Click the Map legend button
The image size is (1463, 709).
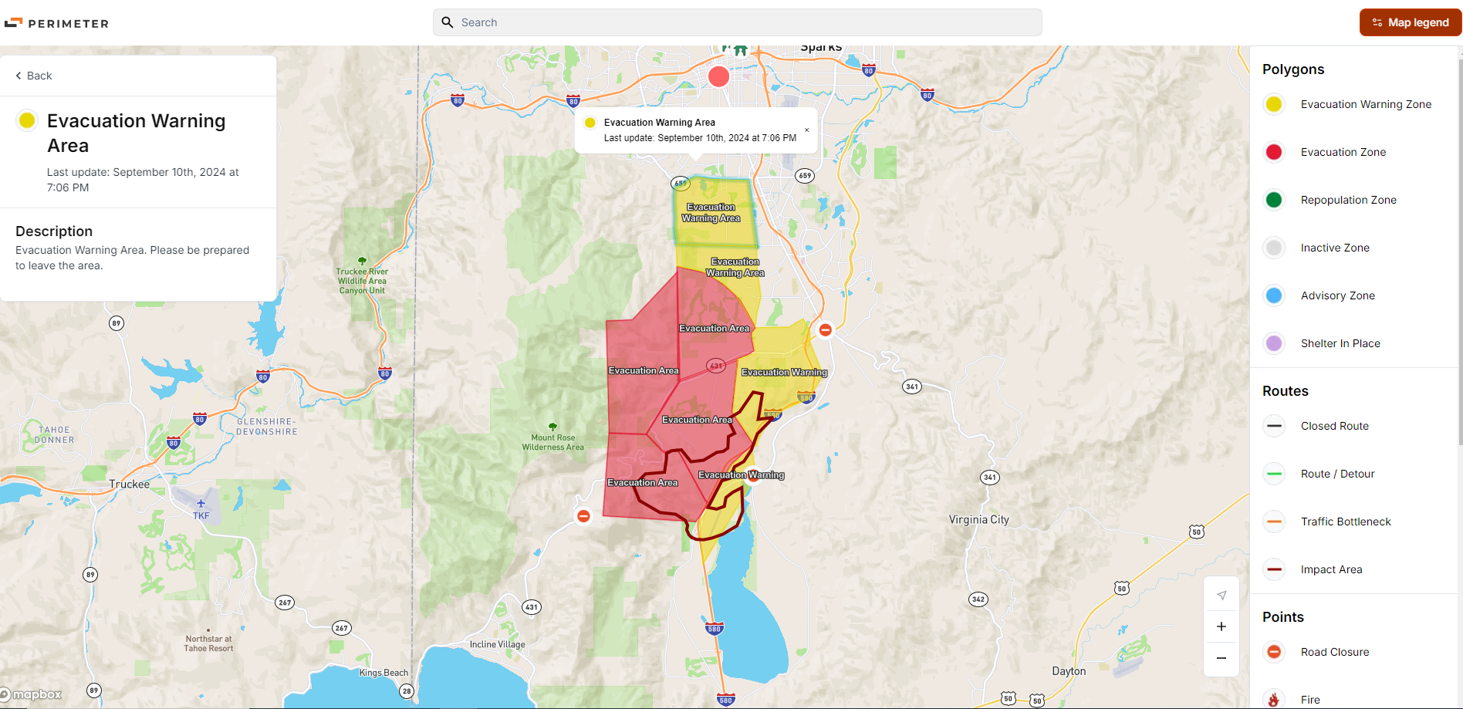1410,22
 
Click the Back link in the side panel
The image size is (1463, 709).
34,76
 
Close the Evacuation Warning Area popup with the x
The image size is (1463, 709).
806,130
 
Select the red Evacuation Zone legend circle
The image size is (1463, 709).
1274,152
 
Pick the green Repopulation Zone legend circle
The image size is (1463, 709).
1274,200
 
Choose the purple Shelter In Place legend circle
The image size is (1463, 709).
1274,343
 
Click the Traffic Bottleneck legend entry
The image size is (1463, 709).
1345,522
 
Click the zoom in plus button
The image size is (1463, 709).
1221,626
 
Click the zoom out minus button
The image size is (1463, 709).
1221,658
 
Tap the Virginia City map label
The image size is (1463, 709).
978,520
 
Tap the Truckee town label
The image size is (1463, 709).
130,484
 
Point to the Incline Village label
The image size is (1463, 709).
497,644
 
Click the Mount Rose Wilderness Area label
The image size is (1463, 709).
552,442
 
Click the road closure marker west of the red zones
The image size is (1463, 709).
583,516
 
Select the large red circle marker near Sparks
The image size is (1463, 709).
718,76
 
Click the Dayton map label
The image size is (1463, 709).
1069,671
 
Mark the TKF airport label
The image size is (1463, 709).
201,515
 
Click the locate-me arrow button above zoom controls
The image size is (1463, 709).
1221,595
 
